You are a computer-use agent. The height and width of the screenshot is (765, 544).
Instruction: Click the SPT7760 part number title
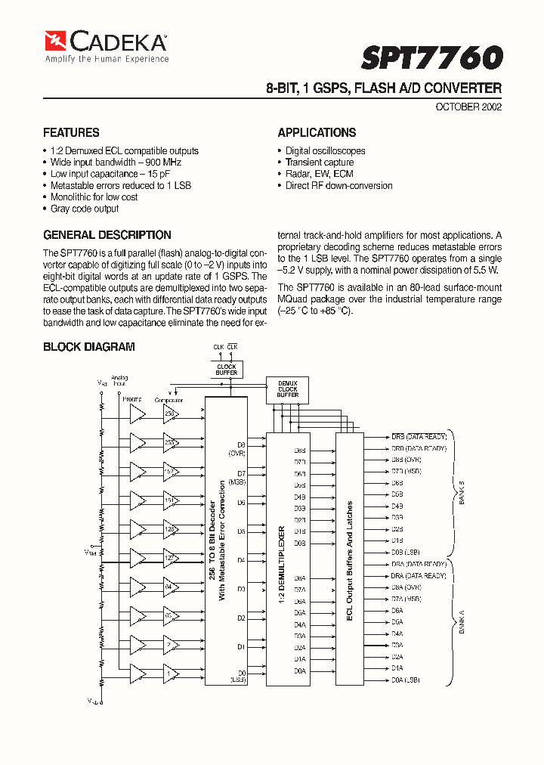(431, 58)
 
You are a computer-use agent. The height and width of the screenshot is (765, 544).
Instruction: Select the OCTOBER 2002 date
(468, 107)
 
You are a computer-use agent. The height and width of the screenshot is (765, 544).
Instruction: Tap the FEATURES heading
(71, 132)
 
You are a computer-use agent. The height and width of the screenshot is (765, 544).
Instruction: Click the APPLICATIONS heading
(317, 132)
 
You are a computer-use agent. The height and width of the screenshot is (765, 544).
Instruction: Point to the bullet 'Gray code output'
(84, 209)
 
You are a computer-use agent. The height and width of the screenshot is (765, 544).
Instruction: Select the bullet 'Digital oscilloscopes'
(325, 151)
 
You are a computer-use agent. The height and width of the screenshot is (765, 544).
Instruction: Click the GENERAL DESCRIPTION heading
(107, 235)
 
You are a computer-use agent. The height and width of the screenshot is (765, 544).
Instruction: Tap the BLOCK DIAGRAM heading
(89, 347)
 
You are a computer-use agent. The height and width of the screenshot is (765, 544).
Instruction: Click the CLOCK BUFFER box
(226, 370)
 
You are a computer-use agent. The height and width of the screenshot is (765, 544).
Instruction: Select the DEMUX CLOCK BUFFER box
(287, 389)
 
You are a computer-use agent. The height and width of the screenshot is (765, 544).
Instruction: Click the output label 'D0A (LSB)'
(406, 680)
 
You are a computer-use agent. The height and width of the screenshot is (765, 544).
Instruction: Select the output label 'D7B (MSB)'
(406, 471)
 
